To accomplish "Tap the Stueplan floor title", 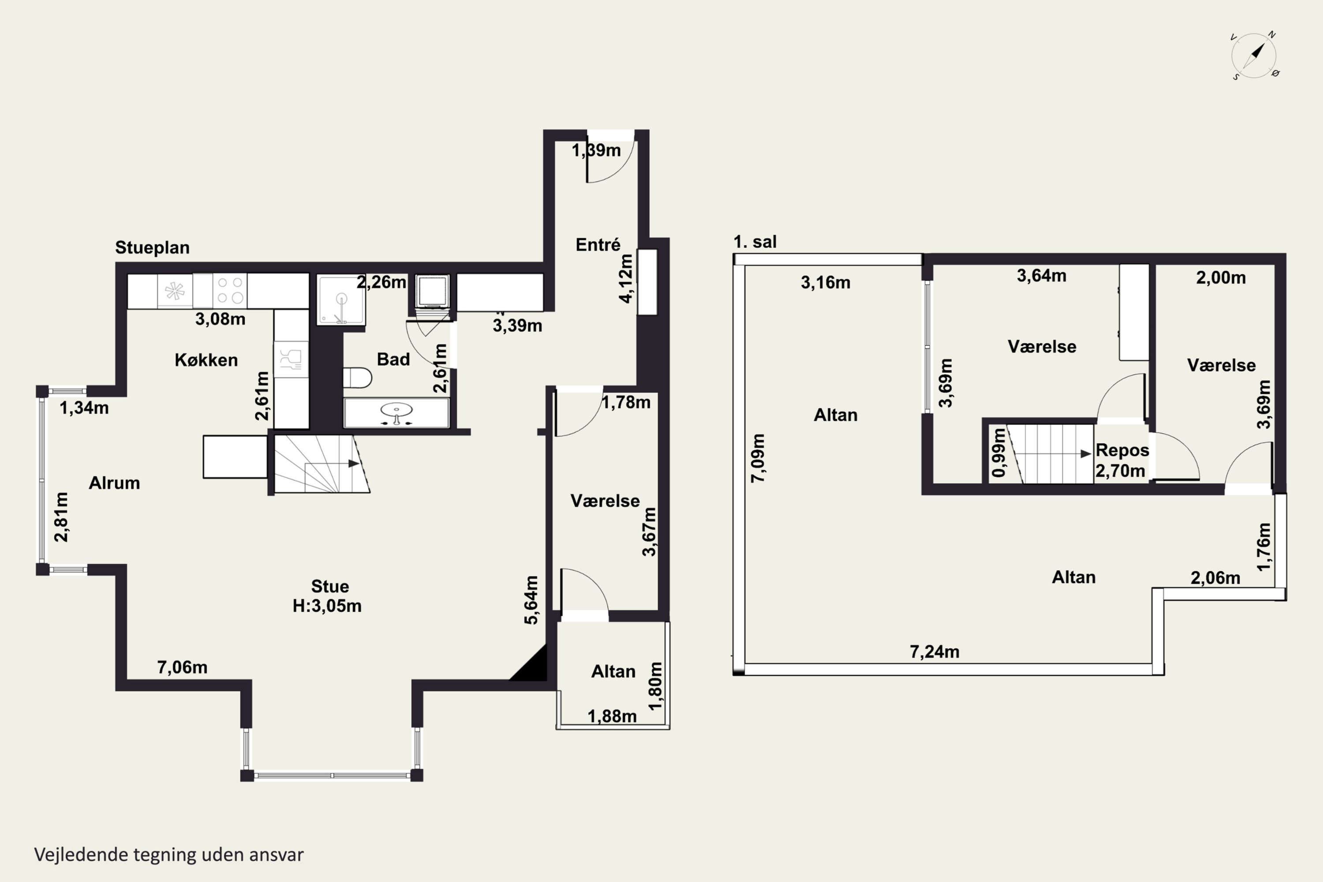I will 152,247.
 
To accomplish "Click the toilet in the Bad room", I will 357,378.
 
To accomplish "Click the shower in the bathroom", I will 341,300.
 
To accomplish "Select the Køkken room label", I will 206,360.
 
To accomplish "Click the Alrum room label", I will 114,482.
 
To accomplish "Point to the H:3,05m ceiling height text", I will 327,606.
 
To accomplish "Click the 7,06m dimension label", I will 182,667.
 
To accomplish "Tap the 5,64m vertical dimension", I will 531,600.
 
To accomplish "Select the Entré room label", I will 598,245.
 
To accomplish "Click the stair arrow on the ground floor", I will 353,463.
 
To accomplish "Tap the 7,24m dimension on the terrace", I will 934,651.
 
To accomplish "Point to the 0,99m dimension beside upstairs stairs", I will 999,453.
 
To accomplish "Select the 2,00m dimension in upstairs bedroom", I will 1221,277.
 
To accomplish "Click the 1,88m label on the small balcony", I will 612,716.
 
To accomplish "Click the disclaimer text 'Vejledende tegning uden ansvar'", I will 169,855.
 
